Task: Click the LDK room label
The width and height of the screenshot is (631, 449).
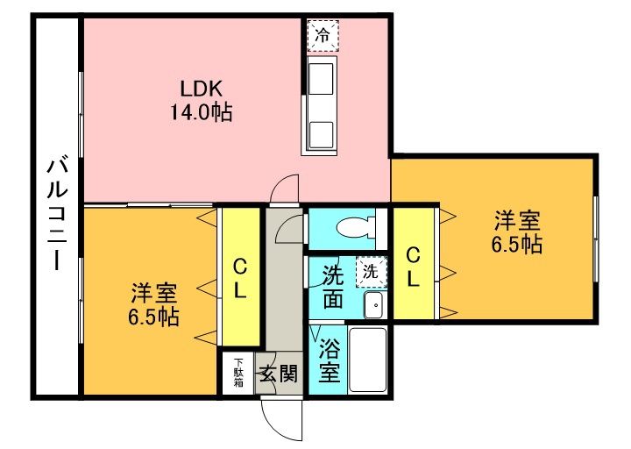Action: (202, 89)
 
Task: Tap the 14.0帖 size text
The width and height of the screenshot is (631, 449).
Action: (202, 112)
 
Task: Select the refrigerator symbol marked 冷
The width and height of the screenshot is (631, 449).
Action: (323, 35)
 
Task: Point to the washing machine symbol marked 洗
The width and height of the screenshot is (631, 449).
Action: (371, 272)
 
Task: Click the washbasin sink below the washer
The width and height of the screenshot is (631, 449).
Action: (375, 305)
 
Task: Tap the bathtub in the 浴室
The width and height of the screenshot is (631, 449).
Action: (367, 360)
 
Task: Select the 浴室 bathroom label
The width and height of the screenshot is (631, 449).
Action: (330, 360)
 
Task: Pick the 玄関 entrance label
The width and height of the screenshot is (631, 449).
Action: (279, 374)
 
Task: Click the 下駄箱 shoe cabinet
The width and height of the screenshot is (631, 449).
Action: (239, 373)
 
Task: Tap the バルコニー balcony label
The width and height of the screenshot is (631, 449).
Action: (57, 215)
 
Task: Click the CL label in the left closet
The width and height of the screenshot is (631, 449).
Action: (240, 278)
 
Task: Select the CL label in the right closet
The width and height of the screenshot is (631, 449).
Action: (413, 267)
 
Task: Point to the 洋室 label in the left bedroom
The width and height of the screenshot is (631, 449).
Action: (153, 294)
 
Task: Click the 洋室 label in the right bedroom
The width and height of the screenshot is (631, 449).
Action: (517, 220)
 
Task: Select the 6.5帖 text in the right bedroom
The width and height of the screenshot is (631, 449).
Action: (517, 244)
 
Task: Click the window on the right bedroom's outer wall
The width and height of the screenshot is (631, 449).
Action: (596, 239)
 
